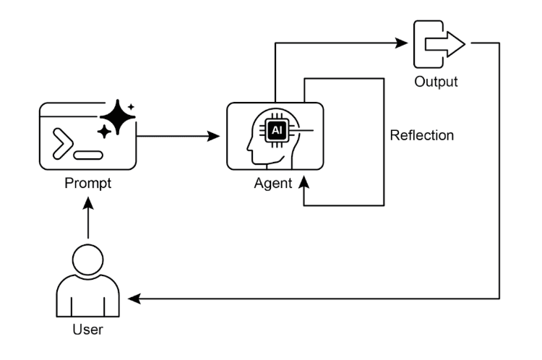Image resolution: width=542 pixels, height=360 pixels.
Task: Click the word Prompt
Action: point(87,184)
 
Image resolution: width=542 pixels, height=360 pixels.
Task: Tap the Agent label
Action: point(273,184)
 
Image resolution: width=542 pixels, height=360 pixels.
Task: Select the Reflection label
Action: point(422,135)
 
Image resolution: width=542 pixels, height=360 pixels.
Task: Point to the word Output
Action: point(436,82)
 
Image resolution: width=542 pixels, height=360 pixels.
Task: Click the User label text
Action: point(87,330)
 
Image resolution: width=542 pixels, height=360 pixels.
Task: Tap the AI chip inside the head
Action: point(277,130)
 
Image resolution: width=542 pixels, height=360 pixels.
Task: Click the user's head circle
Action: point(87,260)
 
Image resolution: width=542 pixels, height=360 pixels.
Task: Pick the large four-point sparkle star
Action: point(118,117)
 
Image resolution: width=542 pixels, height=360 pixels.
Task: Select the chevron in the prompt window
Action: point(62,144)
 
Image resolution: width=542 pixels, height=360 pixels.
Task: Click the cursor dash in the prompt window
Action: point(88,155)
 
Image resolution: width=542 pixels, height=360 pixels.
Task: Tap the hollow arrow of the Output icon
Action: point(445,44)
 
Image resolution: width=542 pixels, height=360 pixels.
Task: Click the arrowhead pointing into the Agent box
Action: point(214,136)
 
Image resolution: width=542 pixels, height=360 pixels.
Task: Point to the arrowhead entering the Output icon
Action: point(401,43)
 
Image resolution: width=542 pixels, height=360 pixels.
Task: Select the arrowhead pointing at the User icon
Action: point(134,299)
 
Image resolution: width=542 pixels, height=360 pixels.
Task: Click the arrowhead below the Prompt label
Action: point(88,203)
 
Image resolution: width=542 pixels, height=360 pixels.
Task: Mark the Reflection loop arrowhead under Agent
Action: point(304,182)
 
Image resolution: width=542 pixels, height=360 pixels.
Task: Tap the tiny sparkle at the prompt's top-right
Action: point(131,107)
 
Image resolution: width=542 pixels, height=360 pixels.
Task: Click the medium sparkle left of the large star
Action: point(104,132)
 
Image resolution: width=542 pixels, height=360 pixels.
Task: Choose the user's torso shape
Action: point(87,296)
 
